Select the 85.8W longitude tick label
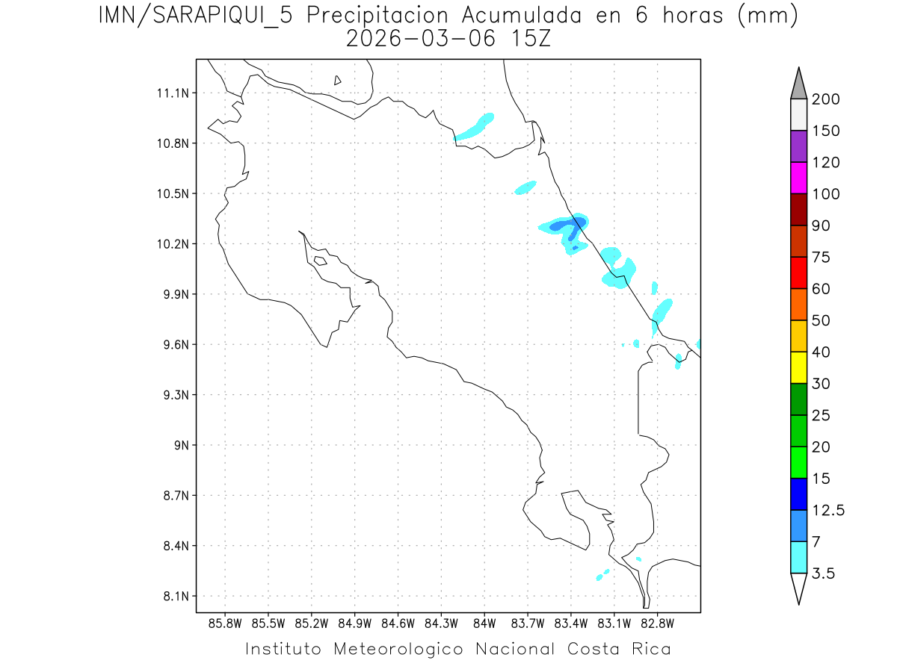point(226,622)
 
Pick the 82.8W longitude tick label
point(657,622)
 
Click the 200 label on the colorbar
point(826,99)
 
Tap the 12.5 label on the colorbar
point(829,510)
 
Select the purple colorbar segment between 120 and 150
point(798,146)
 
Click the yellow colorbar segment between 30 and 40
point(798,367)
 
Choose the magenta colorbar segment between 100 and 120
point(798,178)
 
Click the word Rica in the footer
point(650,649)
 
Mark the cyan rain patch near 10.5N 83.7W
point(526,187)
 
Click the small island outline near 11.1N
point(338,81)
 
